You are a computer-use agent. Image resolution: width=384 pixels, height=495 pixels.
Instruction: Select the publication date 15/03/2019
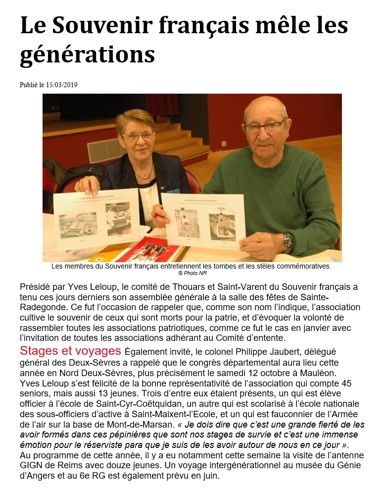click(61, 85)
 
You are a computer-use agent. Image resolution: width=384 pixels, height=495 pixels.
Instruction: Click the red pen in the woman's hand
click(158, 214)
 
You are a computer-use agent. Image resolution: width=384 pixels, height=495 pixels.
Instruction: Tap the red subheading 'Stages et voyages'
click(70, 351)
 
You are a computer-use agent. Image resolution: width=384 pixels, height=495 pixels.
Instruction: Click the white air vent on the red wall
click(105, 151)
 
